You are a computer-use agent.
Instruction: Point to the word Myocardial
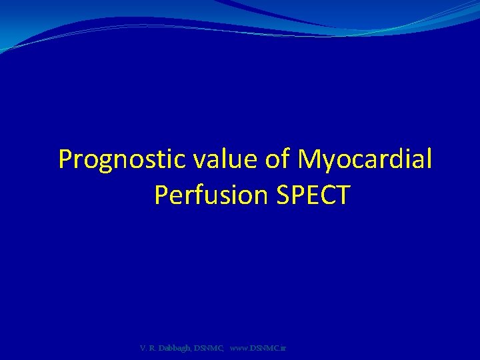click(x=365, y=160)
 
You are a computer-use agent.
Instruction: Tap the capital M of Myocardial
click(x=310, y=160)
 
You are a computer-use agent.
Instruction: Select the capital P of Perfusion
click(x=161, y=195)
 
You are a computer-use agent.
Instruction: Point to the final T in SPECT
click(x=342, y=195)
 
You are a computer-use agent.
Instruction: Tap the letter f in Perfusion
click(x=203, y=195)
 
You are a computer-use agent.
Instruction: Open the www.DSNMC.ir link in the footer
click(x=257, y=348)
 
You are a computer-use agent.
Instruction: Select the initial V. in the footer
click(x=144, y=348)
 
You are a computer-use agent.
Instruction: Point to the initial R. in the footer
click(x=154, y=348)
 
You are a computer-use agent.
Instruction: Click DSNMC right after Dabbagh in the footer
click(x=207, y=348)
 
